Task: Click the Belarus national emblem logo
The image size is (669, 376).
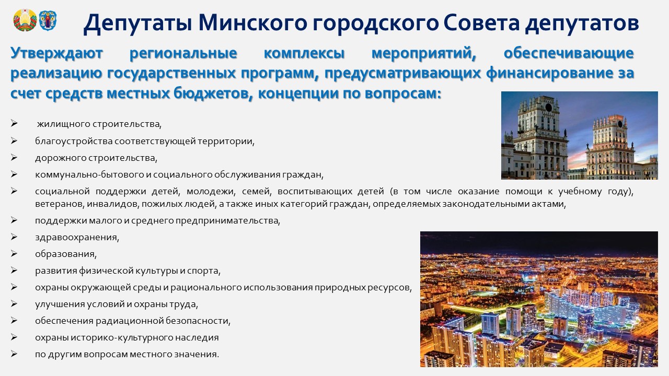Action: [x=25, y=20]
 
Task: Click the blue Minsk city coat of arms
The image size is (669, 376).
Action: [x=48, y=20]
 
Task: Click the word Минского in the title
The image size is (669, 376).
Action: [x=252, y=23]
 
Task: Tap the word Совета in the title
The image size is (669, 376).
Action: [x=481, y=23]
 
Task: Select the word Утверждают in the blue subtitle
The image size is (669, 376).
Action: [x=57, y=54]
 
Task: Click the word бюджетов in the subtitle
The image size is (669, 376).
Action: [x=213, y=93]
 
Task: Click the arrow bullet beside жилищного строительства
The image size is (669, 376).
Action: [x=14, y=123]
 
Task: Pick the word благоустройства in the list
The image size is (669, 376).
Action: [x=74, y=141]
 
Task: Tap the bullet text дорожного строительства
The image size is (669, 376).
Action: [x=96, y=158]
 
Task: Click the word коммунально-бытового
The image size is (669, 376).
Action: [x=89, y=174]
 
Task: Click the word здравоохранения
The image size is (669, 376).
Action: [x=77, y=238]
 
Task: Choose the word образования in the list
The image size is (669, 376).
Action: [x=66, y=254]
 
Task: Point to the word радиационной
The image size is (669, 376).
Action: [x=129, y=321]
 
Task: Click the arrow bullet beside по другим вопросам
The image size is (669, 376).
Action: [x=14, y=354]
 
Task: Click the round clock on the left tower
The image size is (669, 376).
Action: [x=549, y=108]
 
